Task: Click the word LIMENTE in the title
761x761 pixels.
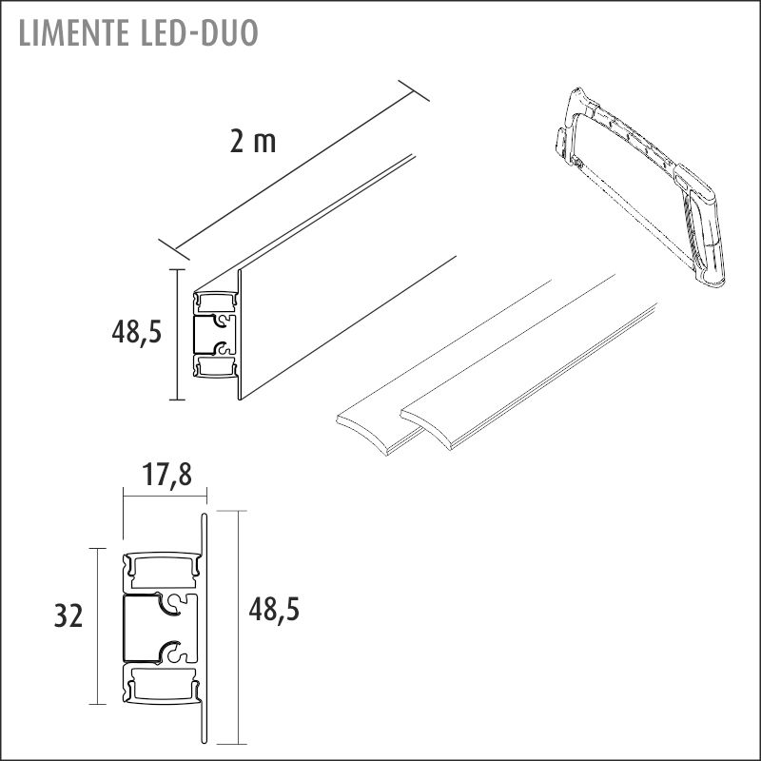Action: coord(73,33)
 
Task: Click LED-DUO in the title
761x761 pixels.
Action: coord(199,33)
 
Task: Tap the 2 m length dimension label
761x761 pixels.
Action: coord(253,142)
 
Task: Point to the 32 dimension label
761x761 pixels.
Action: coord(68,616)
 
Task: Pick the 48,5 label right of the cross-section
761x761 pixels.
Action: coord(274,609)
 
